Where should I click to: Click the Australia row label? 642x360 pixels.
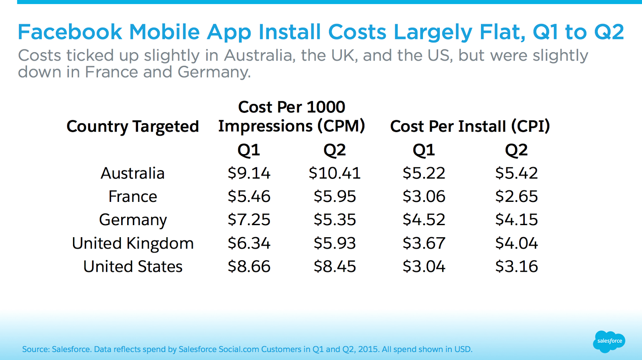(x=132, y=173)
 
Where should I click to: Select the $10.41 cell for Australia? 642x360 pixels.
(x=334, y=173)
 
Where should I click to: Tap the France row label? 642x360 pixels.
(x=132, y=197)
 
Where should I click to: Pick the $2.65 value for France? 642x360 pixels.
(x=516, y=197)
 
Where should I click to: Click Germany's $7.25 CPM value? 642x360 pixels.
(x=249, y=220)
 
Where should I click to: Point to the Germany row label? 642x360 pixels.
(x=132, y=220)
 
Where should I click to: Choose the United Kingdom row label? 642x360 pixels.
(x=132, y=243)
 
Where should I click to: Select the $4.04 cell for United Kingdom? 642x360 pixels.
(x=516, y=243)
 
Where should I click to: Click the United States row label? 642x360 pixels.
(x=132, y=266)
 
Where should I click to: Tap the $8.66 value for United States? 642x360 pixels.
(x=249, y=266)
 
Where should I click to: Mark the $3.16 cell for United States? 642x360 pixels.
(x=516, y=266)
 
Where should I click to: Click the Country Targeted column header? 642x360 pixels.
(x=132, y=126)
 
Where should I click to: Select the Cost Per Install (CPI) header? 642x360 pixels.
(x=470, y=126)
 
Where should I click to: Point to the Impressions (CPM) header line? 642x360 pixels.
(x=291, y=126)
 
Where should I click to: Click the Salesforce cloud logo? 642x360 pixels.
(x=609, y=341)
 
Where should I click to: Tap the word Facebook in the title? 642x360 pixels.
(x=70, y=32)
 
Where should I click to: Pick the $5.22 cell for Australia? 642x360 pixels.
(x=424, y=173)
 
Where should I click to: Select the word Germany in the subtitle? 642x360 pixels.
(x=213, y=72)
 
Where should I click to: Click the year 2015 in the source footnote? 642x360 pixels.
(x=368, y=349)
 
